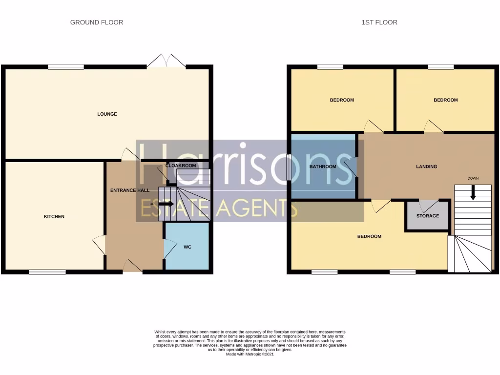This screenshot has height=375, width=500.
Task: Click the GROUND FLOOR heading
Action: [x=97, y=22]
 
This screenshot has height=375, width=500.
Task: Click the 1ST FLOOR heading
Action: [x=379, y=22]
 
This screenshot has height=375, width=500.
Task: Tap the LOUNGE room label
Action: [x=107, y=114]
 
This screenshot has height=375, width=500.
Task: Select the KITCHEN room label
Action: [x=54, y=216]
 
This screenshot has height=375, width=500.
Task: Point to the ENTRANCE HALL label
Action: [x=129, y=190]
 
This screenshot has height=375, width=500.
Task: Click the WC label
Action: [x=187, y=247]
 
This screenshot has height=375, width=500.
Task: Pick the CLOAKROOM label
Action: [x=181, y=166]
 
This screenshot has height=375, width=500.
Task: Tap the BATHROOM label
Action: [x=323, y=167]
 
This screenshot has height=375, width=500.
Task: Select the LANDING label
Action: [x=426, y=167]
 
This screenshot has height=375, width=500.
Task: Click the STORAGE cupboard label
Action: [x=427, y=215]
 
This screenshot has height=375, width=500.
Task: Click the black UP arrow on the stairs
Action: [x=166, y=204]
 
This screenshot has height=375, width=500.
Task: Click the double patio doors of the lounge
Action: [x=167, y=62]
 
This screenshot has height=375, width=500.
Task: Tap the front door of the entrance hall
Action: [x=132, y=267]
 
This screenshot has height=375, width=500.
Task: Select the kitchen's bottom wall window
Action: [x=47, y=272]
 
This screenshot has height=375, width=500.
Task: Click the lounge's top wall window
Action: [x=65, y=67]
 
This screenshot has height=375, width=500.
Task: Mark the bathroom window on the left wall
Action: [x=289, y=167]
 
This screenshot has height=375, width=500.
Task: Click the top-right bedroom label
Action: [x=445, y=100]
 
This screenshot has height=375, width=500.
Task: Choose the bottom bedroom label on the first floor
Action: [x=369, y=236]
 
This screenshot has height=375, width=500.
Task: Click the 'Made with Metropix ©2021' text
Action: [x=250, y=354]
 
